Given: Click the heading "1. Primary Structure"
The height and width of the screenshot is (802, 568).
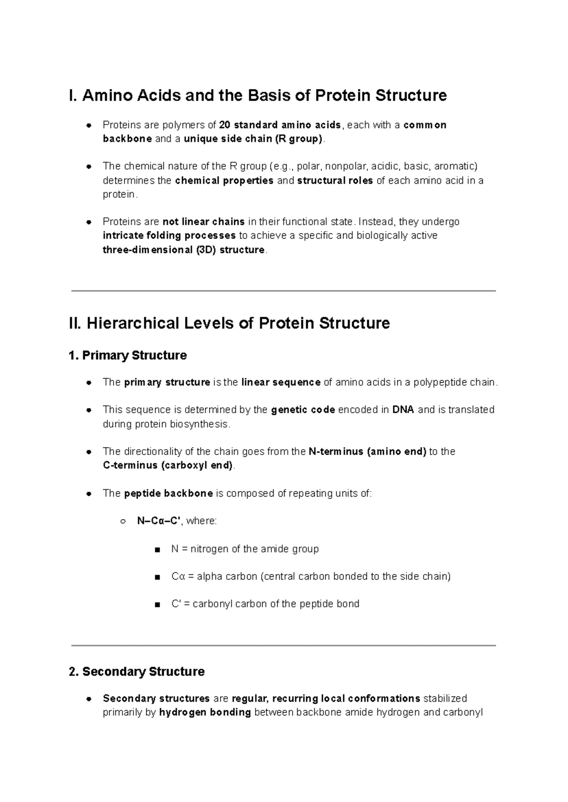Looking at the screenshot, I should coord(127,356).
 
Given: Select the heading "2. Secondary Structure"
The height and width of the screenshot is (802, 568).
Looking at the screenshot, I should coord(136,672).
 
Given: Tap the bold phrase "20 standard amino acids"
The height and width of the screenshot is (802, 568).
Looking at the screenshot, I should coord(280,125).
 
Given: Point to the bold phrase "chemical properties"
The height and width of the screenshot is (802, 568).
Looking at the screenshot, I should coord(224,180).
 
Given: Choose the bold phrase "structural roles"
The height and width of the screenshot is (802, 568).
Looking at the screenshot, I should coord(335,180).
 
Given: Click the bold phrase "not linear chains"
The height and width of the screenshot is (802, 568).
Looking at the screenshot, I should coord(204,222).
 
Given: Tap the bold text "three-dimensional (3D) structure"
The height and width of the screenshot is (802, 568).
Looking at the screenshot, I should coord(184,250).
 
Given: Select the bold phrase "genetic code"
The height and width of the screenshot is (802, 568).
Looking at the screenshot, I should coord(303,410).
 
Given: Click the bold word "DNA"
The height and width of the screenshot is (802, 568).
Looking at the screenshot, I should coord(403,410).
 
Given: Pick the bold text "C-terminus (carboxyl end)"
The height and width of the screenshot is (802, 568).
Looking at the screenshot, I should coord(168,465).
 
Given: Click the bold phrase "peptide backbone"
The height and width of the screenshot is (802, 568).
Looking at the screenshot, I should coord(168,493).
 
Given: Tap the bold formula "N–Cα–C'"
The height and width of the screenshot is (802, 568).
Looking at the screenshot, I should coord(159,521).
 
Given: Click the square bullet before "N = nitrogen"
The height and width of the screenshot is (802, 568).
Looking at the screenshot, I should coord(157,550).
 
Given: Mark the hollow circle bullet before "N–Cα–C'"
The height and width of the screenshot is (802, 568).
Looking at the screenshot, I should coord(123,522).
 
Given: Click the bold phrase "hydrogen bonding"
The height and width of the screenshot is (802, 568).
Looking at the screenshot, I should coord(205,713).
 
